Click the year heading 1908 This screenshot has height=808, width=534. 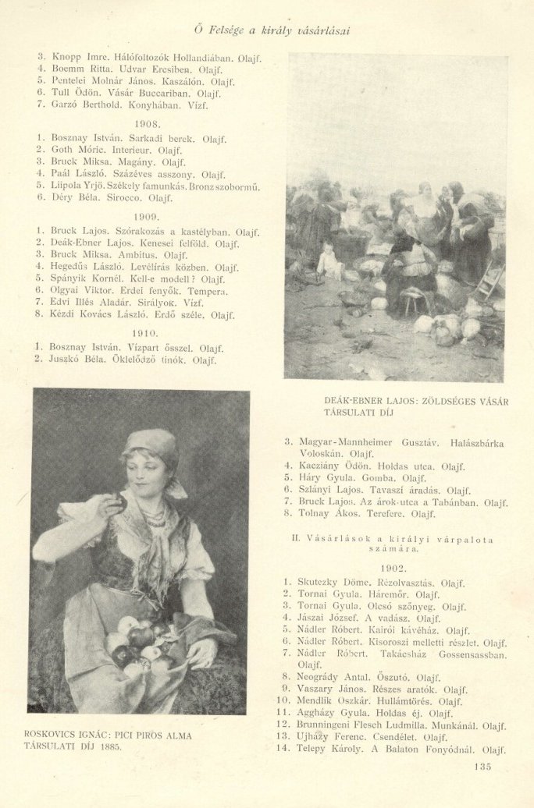click(x=147, y=124)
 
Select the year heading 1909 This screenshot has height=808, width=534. click(x=147, y=218)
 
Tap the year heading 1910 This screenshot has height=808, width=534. click(x=147, y=333)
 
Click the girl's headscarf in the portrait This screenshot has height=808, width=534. click(x=151, y=443)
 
